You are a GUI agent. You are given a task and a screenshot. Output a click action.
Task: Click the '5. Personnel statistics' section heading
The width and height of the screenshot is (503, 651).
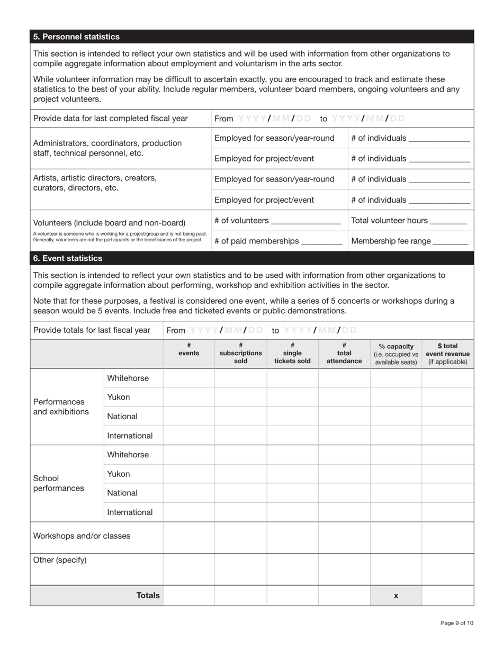pos(76,37)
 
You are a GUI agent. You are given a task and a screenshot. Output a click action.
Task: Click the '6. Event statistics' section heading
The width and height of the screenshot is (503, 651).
pos(68,258)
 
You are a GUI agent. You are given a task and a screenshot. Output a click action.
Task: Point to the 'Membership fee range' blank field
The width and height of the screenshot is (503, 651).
pos(451,242)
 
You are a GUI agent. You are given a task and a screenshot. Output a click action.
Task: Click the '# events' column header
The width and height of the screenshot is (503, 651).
pos(189,349)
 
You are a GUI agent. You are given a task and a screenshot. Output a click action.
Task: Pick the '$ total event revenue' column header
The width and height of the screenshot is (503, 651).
pos(447,354)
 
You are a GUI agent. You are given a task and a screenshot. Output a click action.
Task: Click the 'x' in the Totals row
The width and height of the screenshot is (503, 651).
pos(396,595)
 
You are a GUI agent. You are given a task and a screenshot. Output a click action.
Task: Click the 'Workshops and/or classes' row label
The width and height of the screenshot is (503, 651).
pos(82,536)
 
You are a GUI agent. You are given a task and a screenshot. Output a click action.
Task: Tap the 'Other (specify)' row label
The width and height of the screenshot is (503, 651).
pos(60,560)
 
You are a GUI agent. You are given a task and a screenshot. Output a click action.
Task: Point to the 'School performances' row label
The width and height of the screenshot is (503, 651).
pos(58,483)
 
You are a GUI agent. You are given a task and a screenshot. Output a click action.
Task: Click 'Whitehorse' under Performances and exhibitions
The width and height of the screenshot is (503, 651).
pos(128,378)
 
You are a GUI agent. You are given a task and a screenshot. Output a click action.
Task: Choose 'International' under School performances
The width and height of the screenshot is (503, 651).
pos(130,512)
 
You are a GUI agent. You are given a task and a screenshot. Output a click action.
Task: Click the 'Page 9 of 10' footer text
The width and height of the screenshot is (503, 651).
pos(456,623)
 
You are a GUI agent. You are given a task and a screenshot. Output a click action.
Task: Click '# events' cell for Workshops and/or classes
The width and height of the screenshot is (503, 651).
pos(189,537)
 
